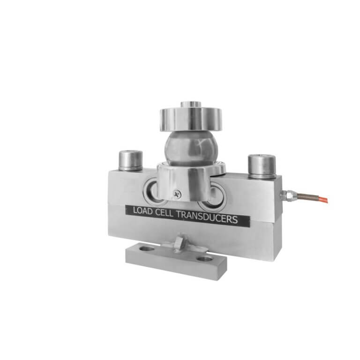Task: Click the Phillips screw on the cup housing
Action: pyautogui.click(x=176, y=192)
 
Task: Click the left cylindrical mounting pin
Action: pyautogui.click(x=130, y=160)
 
